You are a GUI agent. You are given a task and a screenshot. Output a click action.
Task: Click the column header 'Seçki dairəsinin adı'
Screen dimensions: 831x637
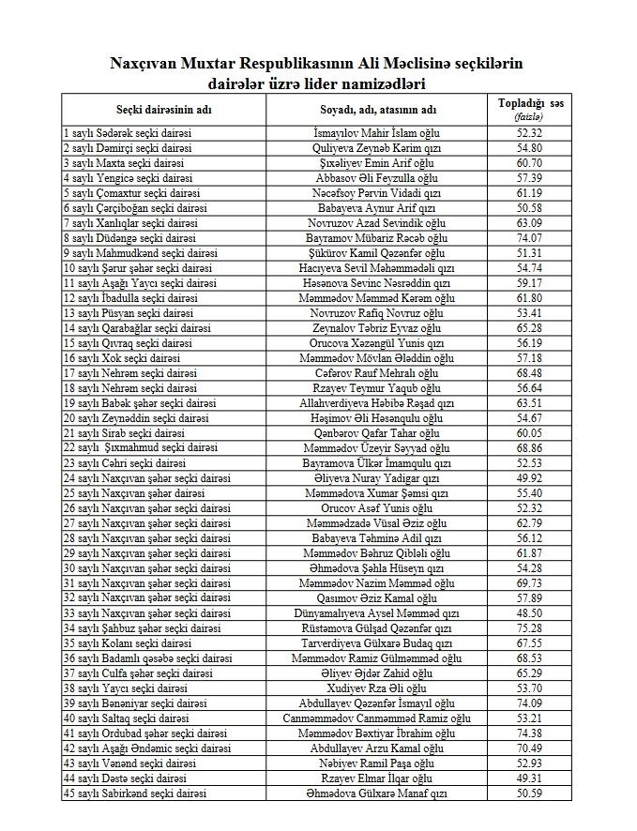click(x=163, y=110)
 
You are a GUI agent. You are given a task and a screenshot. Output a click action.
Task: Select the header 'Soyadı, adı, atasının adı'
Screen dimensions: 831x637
click(x=377, y=110)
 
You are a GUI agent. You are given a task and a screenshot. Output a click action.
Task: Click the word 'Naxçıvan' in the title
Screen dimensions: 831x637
click(x=147, y=64)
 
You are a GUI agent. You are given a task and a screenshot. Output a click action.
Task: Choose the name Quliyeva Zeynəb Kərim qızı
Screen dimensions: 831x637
click(x=376, y=148)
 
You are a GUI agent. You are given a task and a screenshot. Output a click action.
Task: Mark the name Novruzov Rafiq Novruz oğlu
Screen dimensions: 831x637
click(x=376, y=313)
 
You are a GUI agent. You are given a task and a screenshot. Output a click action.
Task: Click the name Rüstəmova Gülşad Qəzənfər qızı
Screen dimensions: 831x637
click(x=376, y=628)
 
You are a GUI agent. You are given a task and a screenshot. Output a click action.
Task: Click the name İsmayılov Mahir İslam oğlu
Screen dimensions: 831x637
click(x=376, y=133)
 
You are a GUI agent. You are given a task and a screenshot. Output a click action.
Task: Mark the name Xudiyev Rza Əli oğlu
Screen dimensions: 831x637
click(x=376, y=688)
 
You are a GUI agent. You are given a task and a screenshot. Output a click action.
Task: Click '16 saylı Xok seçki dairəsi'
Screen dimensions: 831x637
click(x=121, y=358)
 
